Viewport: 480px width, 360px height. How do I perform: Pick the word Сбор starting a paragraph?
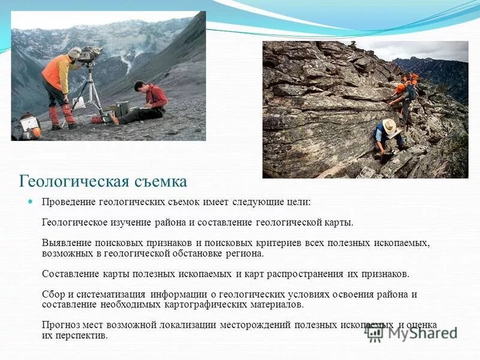(x=53, y=294)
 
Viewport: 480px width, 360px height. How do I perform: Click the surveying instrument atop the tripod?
(x=91, y=55)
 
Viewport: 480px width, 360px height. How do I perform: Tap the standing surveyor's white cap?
(x=74, y=52)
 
